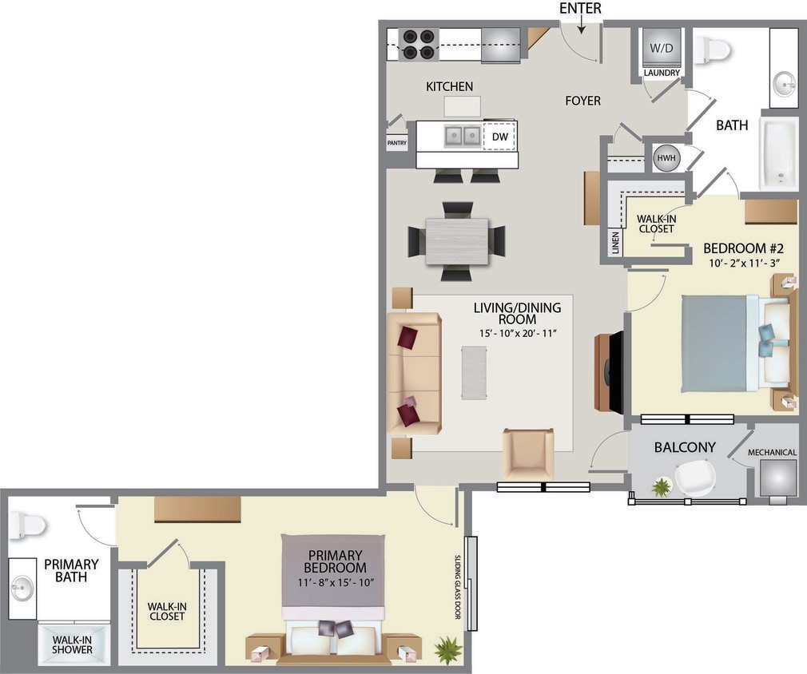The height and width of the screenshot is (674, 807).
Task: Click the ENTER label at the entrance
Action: (x=580, y=9)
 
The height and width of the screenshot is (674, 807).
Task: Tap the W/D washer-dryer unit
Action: (x=662, y=47)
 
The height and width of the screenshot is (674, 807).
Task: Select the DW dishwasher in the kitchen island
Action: (x=499, y=137)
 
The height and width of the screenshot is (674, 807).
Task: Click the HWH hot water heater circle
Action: (x=665, y=157)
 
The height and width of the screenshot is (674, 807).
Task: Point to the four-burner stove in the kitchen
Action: (x=418, y=45)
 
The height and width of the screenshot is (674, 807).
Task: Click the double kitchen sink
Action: (x=461, y=136)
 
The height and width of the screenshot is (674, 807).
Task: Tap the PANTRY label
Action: (x=396, y=144)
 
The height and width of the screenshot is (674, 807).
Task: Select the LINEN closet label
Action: (x=615, y=244)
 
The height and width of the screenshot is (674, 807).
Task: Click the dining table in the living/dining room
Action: (x=457, y=240)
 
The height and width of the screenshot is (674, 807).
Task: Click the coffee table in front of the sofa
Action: (x=473, y=372)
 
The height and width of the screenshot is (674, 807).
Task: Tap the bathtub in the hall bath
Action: (x=778, y=153)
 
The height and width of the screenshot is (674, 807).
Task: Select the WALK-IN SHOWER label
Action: (x=72, y=644)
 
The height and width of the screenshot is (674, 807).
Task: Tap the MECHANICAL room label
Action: (x=772, y=453)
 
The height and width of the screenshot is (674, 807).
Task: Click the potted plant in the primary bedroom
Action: (x=447, y=649)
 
